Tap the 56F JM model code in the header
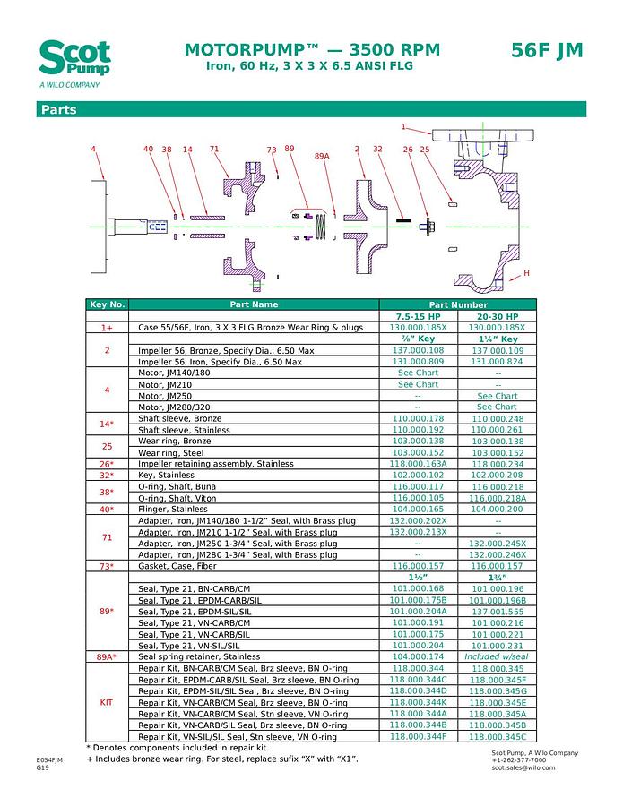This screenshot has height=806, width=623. point(547,50)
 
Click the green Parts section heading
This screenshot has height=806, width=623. point(57,110)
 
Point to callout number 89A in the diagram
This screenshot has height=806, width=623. point(322,156)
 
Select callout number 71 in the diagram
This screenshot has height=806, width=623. point(214,149)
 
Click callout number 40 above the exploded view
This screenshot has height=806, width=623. point(149,149)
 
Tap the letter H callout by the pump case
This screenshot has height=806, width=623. point(526,272)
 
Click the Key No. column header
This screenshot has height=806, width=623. point(108,305)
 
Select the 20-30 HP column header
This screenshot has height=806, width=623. point(498,317)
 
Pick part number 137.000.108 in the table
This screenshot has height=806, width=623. point(418,351)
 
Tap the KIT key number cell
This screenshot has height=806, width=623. point(108,703)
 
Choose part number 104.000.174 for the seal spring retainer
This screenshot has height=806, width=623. point(418,657)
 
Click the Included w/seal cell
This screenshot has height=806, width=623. point(498,657)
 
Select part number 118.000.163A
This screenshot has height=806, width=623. point(418,464)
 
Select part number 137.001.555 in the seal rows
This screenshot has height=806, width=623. point(498,612)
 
